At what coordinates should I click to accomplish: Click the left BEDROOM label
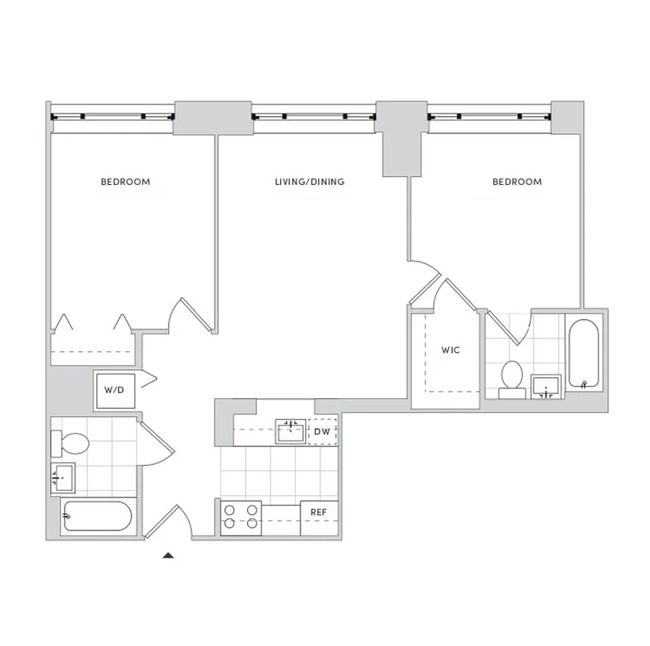pos(125,182)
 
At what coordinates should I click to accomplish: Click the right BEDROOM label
pos(517,182)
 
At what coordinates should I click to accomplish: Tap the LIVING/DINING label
pos(309,182)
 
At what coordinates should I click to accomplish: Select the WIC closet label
pos(451,351)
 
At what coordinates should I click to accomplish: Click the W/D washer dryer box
pos(114,390)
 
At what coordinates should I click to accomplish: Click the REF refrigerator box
pos(319,513)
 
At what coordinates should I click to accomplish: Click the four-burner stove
pos(241,517)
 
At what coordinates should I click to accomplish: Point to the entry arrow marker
pos(168,555)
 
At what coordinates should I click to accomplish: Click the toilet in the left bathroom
pos(70,443)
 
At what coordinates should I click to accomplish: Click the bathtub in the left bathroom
pos(96,515)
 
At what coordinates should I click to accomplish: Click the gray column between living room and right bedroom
pos(401,137)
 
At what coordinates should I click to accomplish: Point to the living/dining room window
pos(313,115)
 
